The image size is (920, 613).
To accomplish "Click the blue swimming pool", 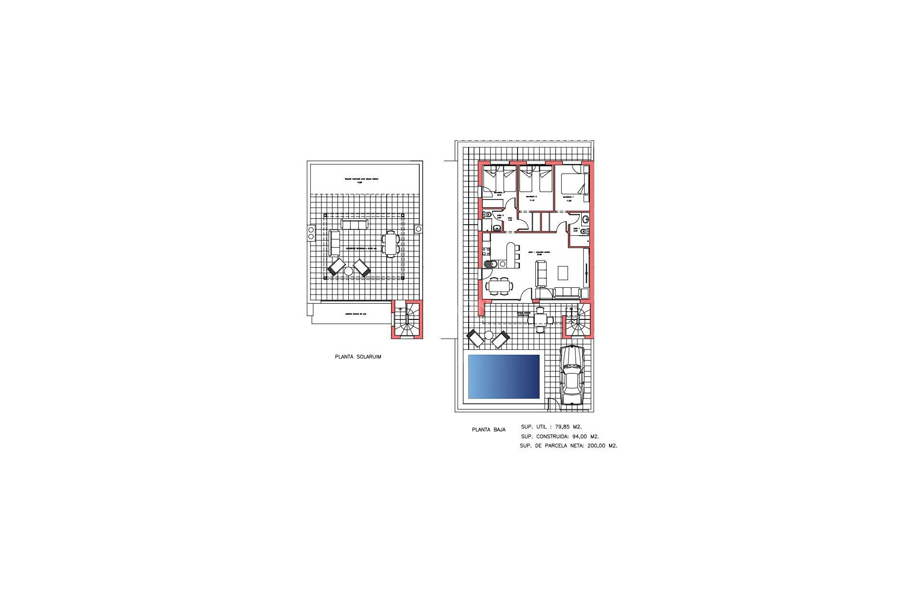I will [504, 376].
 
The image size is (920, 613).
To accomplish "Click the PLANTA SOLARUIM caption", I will [358, 357].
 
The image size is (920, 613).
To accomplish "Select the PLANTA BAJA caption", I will [488, 430].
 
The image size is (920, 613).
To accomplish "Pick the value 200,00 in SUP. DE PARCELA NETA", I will [597, 446].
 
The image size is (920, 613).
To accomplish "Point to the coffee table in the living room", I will [563, 273].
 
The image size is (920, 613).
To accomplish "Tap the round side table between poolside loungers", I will [488, 335].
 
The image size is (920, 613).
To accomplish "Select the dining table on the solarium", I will [391, 244].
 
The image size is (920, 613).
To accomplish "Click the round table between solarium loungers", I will [348, 271].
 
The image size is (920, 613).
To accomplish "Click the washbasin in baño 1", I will [586, 220].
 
